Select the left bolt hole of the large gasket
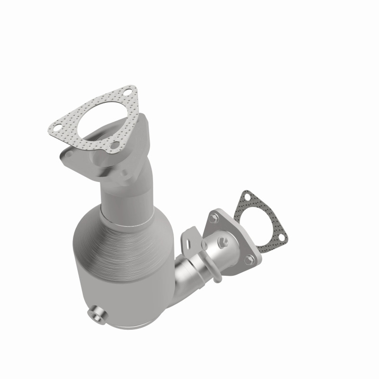56,127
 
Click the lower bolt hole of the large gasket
113,147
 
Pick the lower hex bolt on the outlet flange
246,259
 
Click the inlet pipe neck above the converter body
124,194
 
